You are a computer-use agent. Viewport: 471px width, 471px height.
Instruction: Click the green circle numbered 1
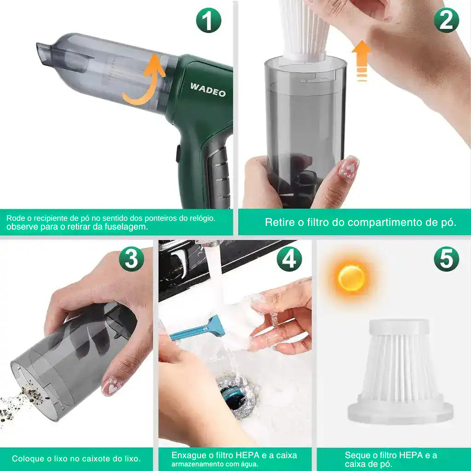coord(208,21)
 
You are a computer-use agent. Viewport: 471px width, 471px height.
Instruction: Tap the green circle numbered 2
coord(446,21)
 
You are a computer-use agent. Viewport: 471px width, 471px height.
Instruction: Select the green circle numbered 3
coord(131,259)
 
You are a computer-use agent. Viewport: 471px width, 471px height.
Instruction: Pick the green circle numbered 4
coord(289,259)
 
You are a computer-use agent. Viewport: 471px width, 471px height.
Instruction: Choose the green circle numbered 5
coord(446,259)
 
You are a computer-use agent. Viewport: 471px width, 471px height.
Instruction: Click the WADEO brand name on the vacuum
coord(208,89)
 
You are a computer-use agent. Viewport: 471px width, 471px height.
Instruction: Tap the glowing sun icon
coord(351,278)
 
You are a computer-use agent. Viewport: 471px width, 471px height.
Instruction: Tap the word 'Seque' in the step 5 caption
coord(357,455)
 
